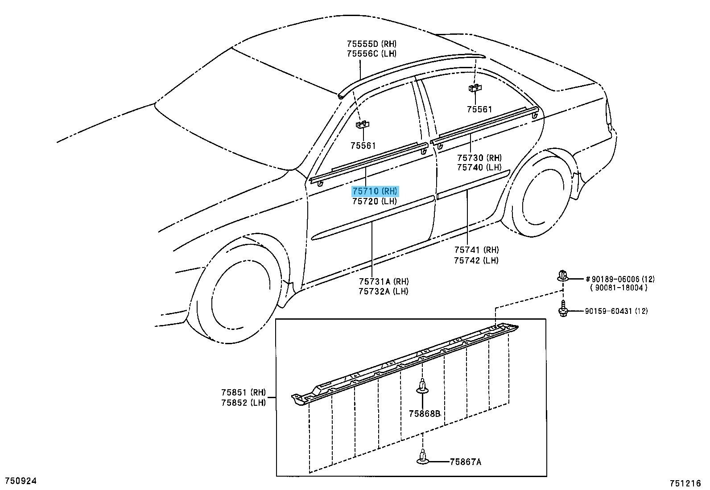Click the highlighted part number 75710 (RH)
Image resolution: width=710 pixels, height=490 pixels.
click(x=375, y=191)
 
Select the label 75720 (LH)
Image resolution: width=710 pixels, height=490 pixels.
click(x=375, y=201)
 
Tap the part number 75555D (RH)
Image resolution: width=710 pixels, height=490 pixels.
click(x=372, y=44)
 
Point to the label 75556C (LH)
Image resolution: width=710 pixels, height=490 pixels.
click(x=372, y=54)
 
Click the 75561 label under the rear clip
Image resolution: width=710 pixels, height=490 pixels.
click(x=479, y=109)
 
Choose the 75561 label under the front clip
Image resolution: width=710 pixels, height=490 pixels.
click(x=363, y=146)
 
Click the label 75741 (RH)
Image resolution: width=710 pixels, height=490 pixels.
click(x=476, y=250)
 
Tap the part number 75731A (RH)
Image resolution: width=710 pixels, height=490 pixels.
click(x=384, y=281)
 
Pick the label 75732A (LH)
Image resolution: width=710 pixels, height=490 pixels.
click(x=384, y=291)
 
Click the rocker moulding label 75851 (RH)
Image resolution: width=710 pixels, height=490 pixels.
click(x=244, y=392)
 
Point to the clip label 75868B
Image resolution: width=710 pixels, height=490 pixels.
click(x=425, y=414)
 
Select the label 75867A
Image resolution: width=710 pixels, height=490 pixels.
click(x=465, y=462)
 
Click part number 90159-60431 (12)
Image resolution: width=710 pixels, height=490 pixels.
click(x=616, y=311)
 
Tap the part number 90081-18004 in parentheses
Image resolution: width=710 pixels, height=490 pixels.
click(x=619, y=288)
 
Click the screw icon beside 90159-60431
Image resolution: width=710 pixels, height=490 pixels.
click(x=563, y=308)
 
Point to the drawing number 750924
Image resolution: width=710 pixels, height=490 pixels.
click(x=21, y=481)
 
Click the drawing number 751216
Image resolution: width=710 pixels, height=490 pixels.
click(x=685, y=483)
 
